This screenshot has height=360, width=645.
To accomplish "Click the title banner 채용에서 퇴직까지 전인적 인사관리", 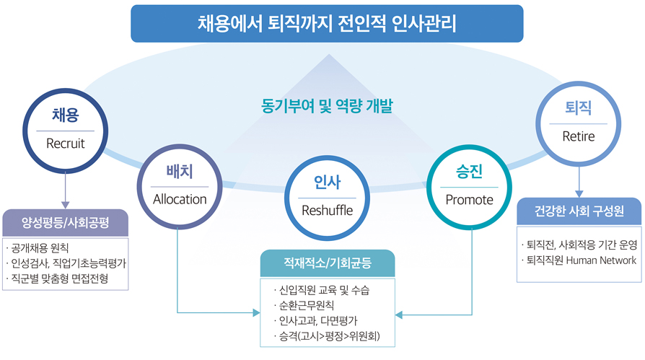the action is coord(327,24).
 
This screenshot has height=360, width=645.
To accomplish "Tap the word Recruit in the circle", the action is coord(66,144).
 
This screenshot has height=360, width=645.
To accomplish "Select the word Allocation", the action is coord(180,200).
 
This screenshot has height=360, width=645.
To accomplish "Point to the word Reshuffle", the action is coord(327,211).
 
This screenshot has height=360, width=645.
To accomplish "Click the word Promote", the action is coord(470,200).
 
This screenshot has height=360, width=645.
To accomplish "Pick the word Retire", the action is coord(579,136).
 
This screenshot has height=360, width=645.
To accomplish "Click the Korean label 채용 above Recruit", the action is coord(66,115).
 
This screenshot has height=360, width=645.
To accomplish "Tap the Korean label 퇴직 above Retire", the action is coord(579,107).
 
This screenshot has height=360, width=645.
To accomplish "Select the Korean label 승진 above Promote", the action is coord(470,172).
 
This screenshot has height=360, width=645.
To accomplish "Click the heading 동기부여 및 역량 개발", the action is coord(327,106).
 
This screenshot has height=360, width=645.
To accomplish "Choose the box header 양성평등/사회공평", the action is coord(66,223).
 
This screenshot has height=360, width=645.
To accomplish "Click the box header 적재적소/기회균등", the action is coord(328,263).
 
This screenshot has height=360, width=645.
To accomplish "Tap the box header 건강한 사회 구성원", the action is coord(579,211).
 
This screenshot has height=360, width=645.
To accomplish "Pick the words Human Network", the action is coord(601,260).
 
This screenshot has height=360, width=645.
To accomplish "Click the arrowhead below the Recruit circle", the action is coord(65,205).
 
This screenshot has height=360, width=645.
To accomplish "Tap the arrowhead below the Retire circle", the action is coord(579,194).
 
